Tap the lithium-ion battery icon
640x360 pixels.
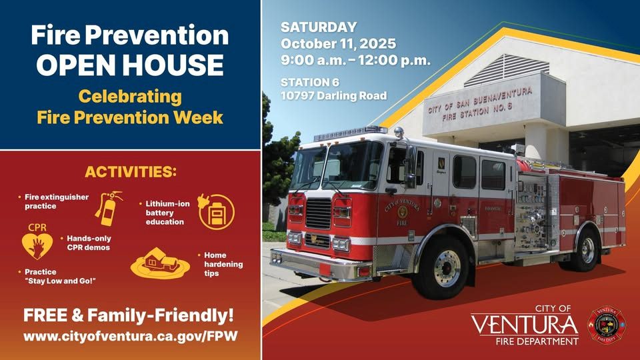(x=216, y=211)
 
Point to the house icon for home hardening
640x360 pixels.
(x=160, y=262)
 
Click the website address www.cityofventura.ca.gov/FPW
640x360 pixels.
(x=129, y=337)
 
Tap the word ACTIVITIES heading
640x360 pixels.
(x=131, y=172)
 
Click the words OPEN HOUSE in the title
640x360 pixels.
(x=130, y=65)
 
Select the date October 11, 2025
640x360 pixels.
(x=338, y=44)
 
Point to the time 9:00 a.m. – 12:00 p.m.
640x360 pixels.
(x=355, y=60)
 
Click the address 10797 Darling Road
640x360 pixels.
(x=333, y=96)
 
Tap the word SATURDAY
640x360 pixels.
(x=319, y=28)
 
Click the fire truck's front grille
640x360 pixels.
(x=318, y=213)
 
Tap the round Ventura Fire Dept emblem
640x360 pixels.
(x=605, y=325)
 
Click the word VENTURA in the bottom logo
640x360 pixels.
(x=524, y=325)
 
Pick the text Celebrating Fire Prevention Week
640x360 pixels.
(x=130, y=107)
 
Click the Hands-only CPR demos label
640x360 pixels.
(x=88, y=242)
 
